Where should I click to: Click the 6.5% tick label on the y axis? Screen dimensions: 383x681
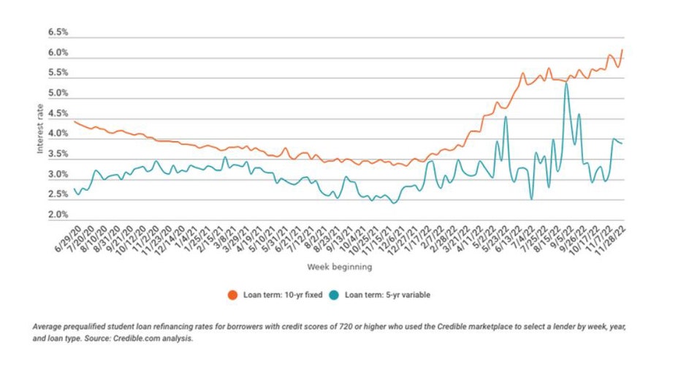[x=58, y=33]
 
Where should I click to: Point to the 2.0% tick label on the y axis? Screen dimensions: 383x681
[x=58, y=216]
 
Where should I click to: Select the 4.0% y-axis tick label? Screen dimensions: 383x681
[x=58, y=134]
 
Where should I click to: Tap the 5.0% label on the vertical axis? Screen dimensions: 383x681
[x=58, y=94]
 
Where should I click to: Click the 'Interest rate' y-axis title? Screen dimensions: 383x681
[x=40, y=129]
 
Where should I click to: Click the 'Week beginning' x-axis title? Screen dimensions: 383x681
[x=339, y=267]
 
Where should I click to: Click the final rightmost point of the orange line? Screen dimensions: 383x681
[x=622, y=50]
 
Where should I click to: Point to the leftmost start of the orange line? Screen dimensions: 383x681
[x=75, y=121]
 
